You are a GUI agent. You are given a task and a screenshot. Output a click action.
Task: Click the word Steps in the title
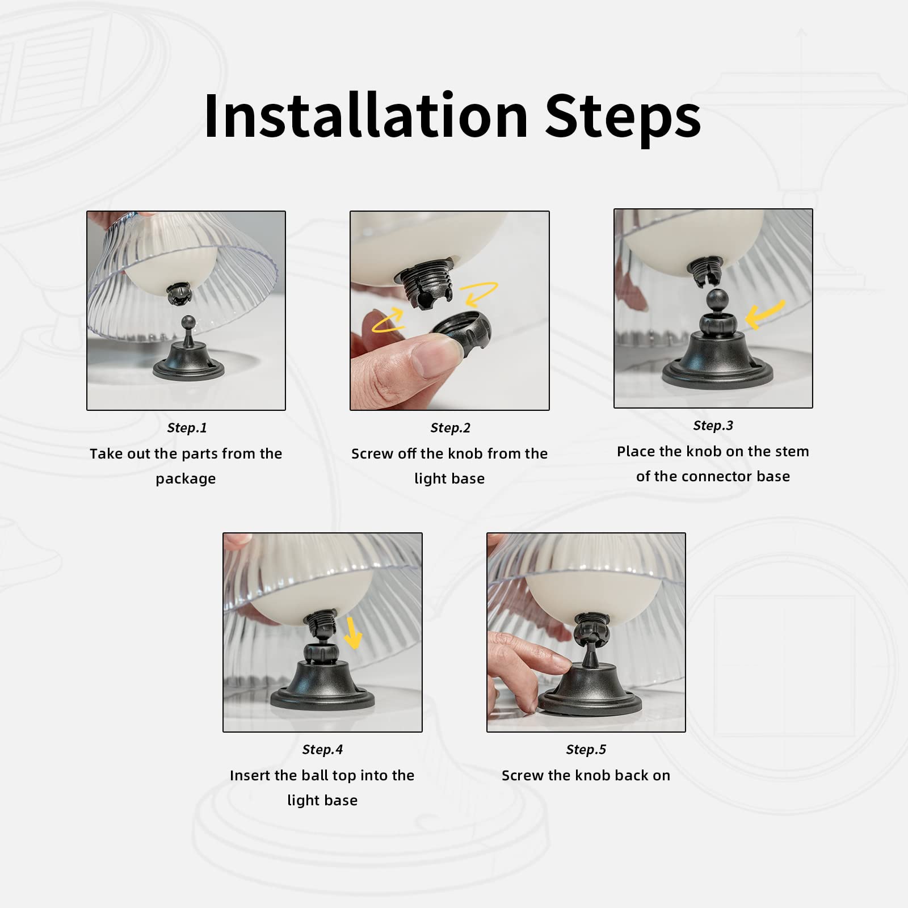point(623,119)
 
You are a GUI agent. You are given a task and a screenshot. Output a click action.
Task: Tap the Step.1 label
point(187,428)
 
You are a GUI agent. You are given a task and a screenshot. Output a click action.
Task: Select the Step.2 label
point(450,428)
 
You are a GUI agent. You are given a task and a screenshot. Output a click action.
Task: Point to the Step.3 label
point(713,426)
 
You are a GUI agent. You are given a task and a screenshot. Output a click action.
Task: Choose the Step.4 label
point(322,750)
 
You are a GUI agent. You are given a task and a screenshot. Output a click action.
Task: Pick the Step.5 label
point(586,750)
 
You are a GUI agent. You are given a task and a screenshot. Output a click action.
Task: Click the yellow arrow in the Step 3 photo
point(764,314)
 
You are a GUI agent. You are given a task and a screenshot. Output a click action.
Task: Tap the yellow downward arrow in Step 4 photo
point(353,633)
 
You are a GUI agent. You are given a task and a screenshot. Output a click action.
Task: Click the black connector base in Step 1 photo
point(188,363)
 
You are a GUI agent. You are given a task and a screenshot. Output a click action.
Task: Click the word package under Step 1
point(186,479)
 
